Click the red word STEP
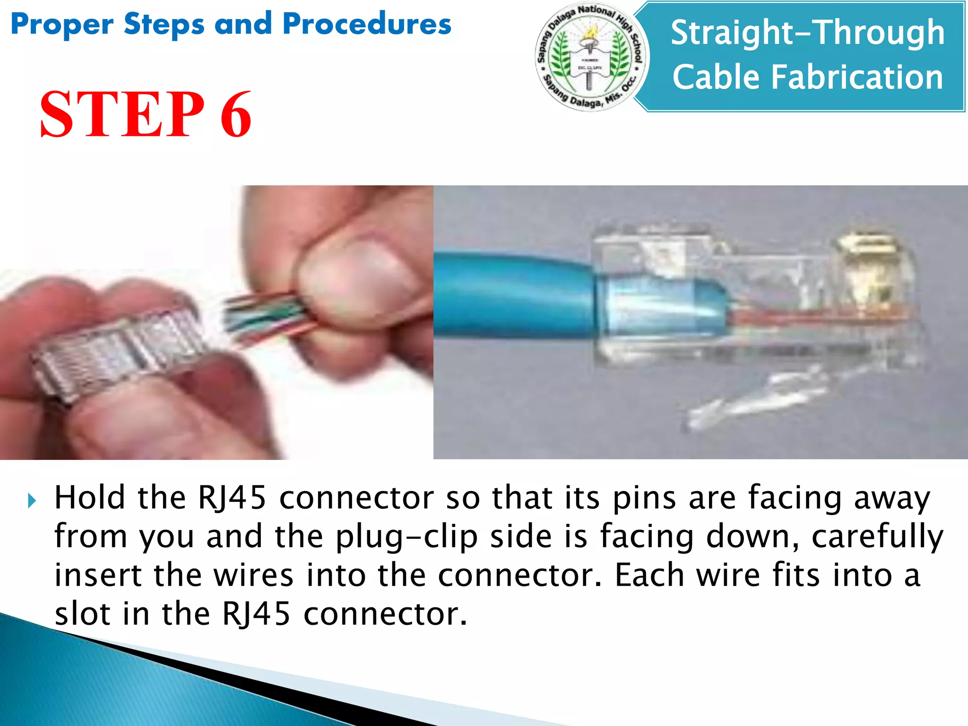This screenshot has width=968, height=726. click(122, 115)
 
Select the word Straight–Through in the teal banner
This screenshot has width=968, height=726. click(807, 33)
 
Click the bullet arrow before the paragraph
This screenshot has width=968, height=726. click(32, 501)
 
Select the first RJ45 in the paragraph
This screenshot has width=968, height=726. click(232, 498)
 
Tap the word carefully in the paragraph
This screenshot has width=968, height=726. click(877, 537)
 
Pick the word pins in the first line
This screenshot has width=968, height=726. click(644, 499)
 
